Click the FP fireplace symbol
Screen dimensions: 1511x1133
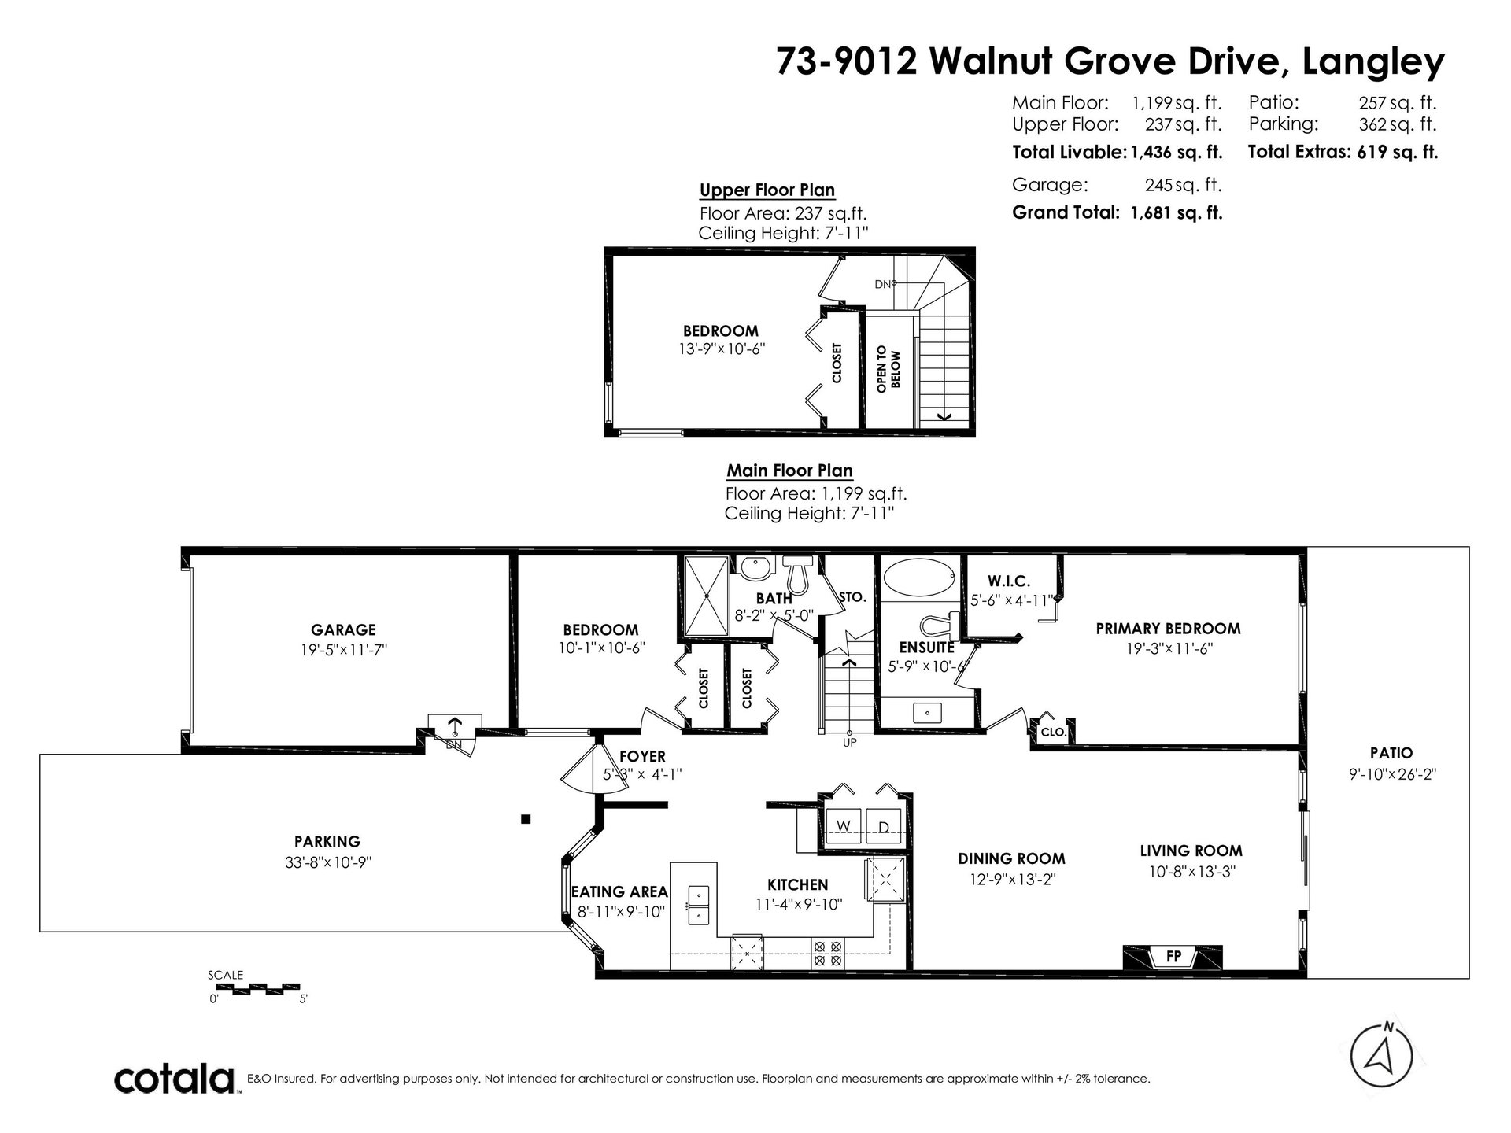point(1173,957)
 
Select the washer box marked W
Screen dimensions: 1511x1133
point(843,825)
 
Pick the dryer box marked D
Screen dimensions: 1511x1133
point(884,825)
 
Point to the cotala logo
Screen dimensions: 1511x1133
point(175,1079)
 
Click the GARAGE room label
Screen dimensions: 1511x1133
point(343,629)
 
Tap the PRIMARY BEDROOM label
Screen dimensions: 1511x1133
point(1168,629)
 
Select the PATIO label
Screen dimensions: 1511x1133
point(1391,753)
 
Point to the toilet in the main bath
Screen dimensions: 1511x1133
point(798,574)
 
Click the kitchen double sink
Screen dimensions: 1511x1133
point(699,905)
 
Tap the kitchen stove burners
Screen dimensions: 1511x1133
point(828,954)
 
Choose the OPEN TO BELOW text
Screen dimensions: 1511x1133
point(888,369)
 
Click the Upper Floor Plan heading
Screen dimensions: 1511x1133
point(767,190)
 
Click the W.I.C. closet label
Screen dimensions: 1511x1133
point(1009,581)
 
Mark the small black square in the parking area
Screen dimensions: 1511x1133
point(526,819)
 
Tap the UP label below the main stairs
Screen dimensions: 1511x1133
point(850,742)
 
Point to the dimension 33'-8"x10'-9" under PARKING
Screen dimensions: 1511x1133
point(328,862)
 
